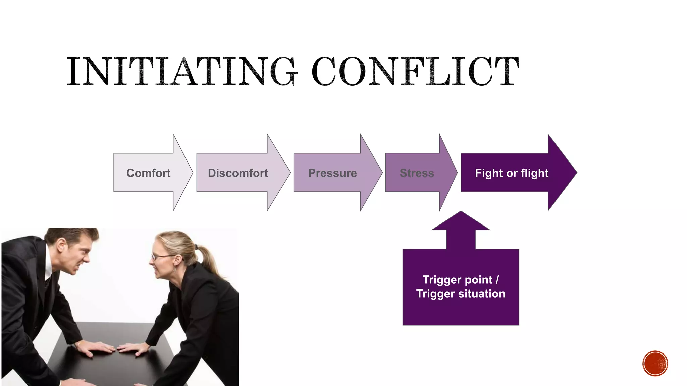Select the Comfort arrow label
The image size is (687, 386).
tap(148, 173)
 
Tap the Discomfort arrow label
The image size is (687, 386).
tap(238, 173)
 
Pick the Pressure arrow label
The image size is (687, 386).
tap(332, 173)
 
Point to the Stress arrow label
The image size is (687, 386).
tap(417, 173)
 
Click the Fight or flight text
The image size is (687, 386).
tap(512, 173)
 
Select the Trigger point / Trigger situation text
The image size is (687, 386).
tap(461, 286)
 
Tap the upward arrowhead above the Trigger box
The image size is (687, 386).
tap(461, 221)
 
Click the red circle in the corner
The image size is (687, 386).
tap(655, 364)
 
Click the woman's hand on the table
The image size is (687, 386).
tap(134, 348)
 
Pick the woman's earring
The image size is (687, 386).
tap(175, 269)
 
